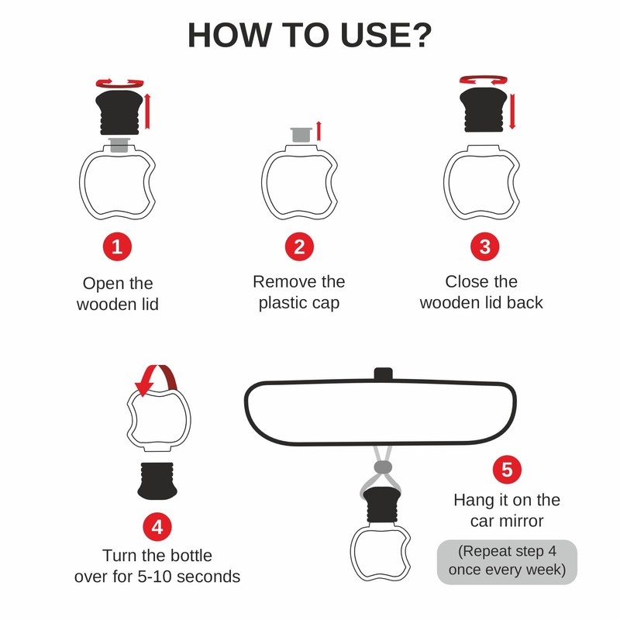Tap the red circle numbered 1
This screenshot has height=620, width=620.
click(x=117, y=246)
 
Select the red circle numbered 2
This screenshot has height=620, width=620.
click(x=299, y=246)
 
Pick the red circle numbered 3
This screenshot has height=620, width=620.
click(x=485, y=246)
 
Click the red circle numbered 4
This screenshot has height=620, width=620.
click(x=157, y=527)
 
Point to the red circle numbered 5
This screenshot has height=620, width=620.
click(x=507, y=470)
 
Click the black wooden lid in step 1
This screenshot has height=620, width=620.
click(x=119, y=112)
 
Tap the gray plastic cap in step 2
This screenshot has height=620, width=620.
click(x=301, y=134)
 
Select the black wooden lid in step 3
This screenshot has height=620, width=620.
click(x=483, y=110)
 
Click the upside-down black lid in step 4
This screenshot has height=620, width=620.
click(x=157, y=480)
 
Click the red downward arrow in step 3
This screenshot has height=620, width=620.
click(x=512, y=111)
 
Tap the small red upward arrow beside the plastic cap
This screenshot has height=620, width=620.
click(x=319, y=131)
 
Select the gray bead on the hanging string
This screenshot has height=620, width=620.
click(x=383, y=467)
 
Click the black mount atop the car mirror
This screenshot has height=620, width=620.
click(x=383, y=374)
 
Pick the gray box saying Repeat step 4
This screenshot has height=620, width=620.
click(x=507, y=562)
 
